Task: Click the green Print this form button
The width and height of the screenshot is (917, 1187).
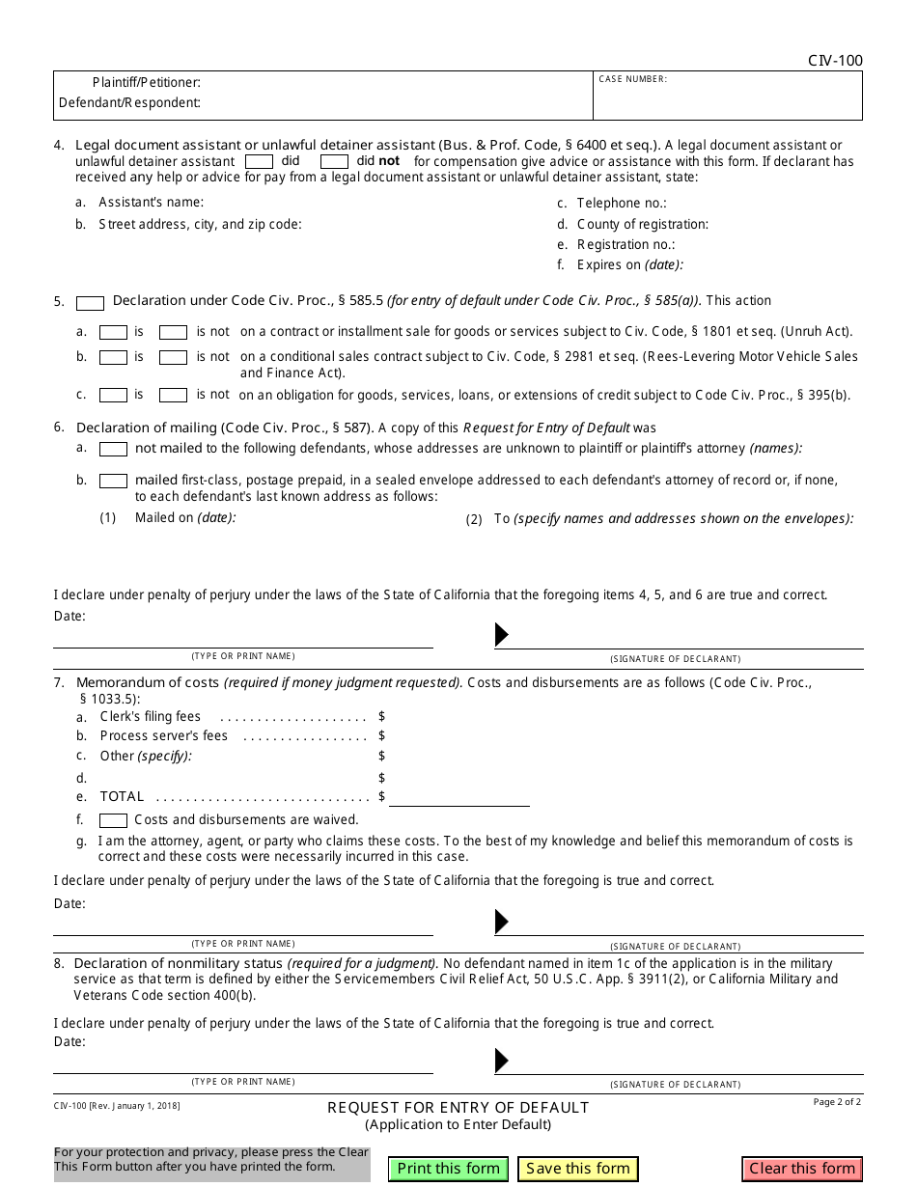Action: [x=449, y=1169]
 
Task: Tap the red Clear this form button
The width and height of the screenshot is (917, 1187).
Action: [x=802, y=1169]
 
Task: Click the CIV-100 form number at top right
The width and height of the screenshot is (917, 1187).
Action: [x=835, y=61]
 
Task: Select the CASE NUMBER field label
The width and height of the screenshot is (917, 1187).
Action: [x=633, y=79]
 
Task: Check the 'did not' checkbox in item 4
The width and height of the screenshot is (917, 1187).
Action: [x=334, y=162]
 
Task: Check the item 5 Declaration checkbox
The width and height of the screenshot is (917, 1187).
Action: [x=90, y=303]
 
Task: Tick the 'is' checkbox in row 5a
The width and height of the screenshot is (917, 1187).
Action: [x=114, y=332]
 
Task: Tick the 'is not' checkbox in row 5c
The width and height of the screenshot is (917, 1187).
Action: [x=173, y=396]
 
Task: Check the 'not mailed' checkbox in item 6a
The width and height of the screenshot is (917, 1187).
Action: [x=114, y=450]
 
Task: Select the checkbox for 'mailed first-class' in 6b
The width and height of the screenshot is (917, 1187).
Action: [x=114, y=481]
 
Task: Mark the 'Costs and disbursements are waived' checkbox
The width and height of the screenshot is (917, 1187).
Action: [x=114, y=820]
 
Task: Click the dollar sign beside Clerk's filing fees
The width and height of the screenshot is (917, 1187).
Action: [x=382, y=717]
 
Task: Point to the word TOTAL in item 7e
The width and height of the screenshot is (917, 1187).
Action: [x=122, y=797]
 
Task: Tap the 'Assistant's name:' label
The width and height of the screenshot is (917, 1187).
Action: [x=152, y=203]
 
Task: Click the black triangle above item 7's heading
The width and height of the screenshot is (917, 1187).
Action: [x=501, y=635]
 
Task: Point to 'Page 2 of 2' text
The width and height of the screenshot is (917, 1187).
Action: [x=837, y=1102]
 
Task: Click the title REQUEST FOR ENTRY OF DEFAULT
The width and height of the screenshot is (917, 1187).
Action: [x=458, y=1108]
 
